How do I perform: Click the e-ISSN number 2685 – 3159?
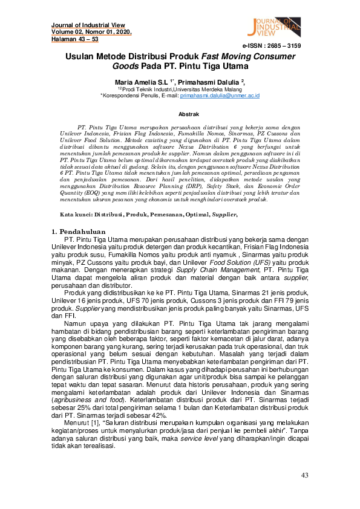pos(272,46)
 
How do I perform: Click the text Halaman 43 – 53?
pos(74,39)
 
